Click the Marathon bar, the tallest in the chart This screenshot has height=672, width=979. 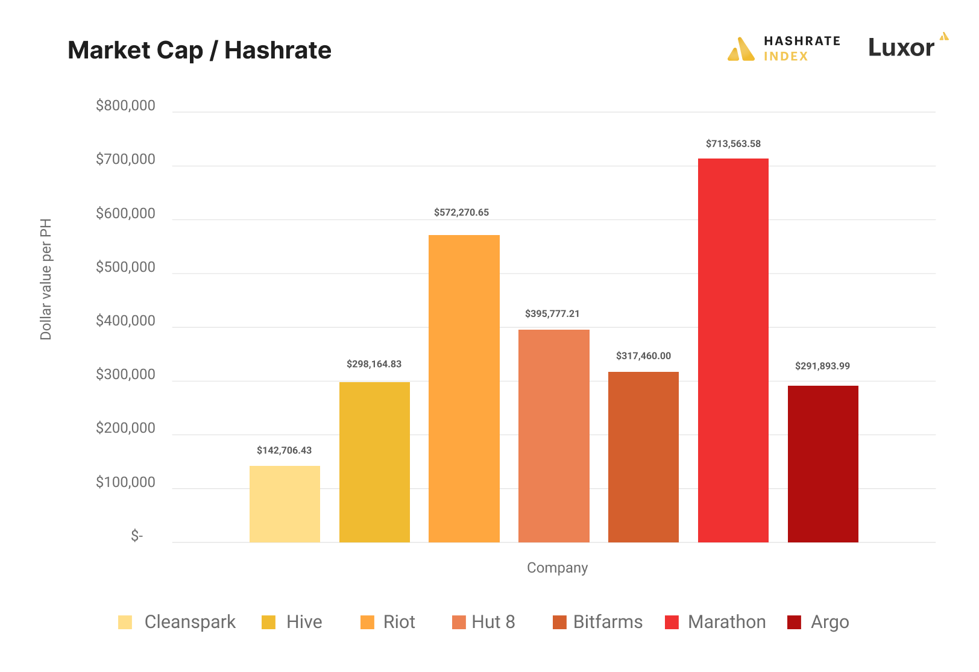733,350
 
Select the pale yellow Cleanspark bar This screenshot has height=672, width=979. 285,504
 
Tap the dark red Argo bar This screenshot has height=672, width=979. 823,463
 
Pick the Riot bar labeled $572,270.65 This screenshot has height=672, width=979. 464,388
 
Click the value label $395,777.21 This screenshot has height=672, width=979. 552,314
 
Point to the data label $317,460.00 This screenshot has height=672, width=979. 643,356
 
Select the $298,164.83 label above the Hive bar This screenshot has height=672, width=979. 374,364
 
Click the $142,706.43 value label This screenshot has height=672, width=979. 284,450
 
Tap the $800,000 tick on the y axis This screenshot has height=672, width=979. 125,106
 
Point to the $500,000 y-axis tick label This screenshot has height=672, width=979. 125,267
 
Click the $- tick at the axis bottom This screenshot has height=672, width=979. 137,536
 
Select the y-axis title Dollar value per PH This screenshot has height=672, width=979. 46,279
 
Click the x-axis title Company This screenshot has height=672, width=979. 557,568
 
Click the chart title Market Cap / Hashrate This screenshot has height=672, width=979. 200,50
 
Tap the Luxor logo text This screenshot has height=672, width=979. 901,48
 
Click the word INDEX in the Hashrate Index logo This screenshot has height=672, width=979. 785,57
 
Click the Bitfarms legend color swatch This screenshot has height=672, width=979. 559,622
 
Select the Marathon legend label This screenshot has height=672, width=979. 726,622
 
